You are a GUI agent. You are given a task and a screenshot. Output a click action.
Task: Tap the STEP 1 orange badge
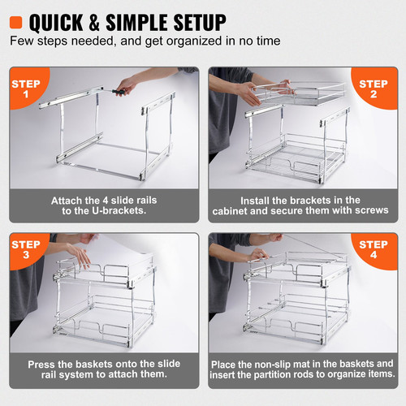point(26,89)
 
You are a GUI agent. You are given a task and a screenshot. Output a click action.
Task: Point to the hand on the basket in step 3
point(78,253)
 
